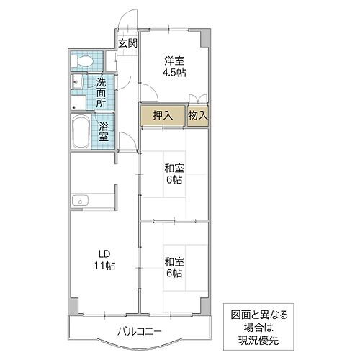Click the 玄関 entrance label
click(127, 43)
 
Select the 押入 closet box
click(163, 114)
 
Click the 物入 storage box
click(198, 114)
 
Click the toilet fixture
click(83, 60)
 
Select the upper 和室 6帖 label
click(174, 174)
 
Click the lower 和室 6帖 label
click(174, 268)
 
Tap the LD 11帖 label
click(104, 258)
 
